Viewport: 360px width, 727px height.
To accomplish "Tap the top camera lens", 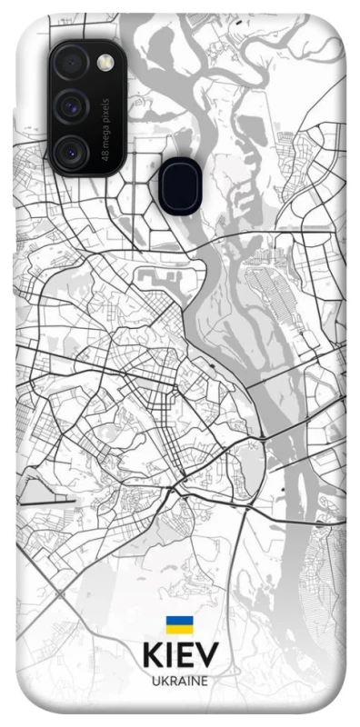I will click(x=71, y=64).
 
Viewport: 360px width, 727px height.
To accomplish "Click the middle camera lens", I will click(x=71, y=108).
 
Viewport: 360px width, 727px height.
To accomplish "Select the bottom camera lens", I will click(x=71, y=152).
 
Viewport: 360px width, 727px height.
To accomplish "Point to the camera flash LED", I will click(x=106, y=62).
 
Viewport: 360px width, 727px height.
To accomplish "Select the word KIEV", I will click(x=179, y=656).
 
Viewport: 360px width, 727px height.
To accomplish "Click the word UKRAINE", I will click(x=179, y=681).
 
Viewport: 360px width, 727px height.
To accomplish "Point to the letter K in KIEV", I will click(x=152, y=656).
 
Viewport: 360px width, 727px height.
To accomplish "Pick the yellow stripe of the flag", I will click(x=179, y=630).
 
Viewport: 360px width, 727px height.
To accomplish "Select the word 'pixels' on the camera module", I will click(x=107, y=108).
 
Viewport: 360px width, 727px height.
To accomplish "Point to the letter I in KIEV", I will click(x=168, y=656).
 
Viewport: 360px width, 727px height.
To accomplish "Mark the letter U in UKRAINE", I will click(x=155, y=681).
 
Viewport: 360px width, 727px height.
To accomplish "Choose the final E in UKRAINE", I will click(x=205, y=681).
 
